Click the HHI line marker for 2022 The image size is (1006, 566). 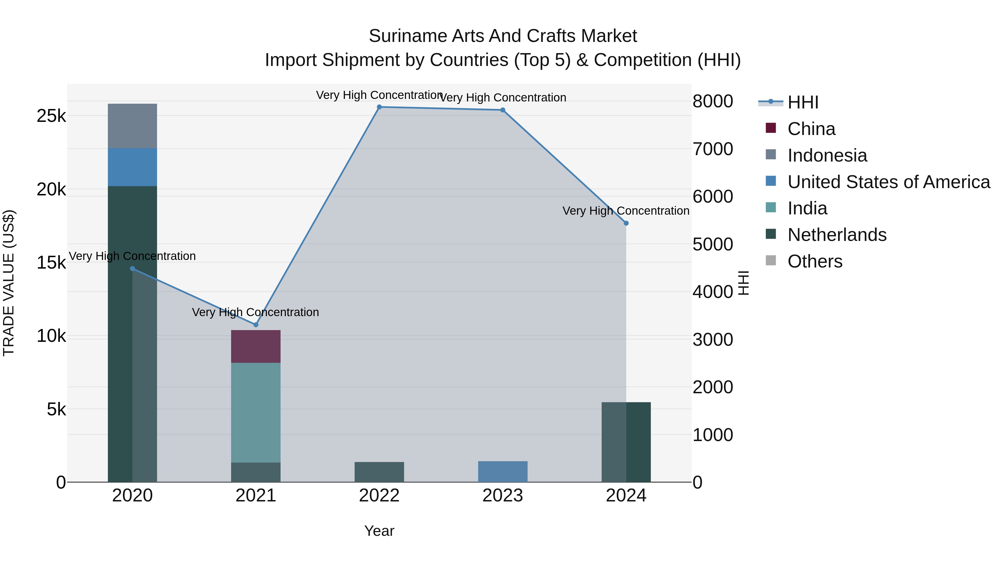click(x=379, y=107)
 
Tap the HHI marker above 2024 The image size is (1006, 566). click(x=626, y=223)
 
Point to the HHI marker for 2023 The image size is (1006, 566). click(x=503, y=110)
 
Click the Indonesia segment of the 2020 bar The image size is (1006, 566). click(x=132, y=126)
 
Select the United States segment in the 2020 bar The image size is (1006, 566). click(x=132, y=167)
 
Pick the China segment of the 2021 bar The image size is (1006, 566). click(x=256, y=347)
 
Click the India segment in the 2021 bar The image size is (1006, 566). click(x=256, y=413)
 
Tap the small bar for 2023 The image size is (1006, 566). click(x=503, y=472)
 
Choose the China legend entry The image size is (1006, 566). click(x=811, y=129)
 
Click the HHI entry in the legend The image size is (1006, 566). click(x=803, y=102)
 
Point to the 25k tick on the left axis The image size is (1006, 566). click(x=51, y=116)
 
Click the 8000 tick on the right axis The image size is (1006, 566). click(x=713, y=101)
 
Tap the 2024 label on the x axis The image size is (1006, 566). click(x=626, y=496)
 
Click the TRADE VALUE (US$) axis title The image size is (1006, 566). click(x=9, y=283)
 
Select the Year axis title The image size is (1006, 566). click(x=379, y=531)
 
